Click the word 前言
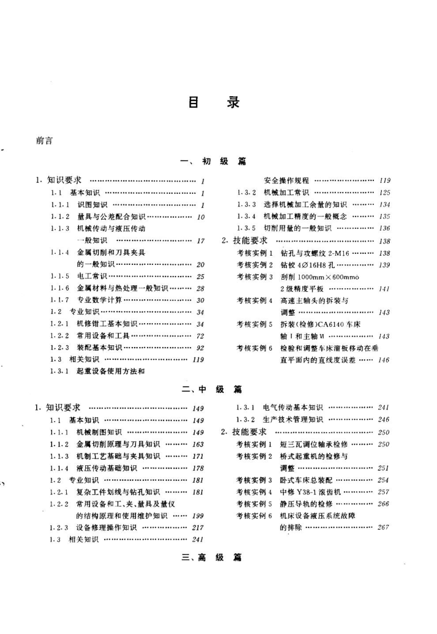pyautogui.click(x=44, y=140)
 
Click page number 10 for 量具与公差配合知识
pyautogui.click(x=200, y=216)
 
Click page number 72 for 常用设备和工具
pyautogui.click(x=200, y=336)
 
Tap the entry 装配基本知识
pyautogui.click(x=99, y=348)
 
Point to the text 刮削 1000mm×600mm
pyautogui.click(x=319, y=277)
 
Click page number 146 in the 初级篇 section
pyautogui.click(x=384, y=360)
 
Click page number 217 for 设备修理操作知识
pyautogui.click(x=198, y=527)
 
